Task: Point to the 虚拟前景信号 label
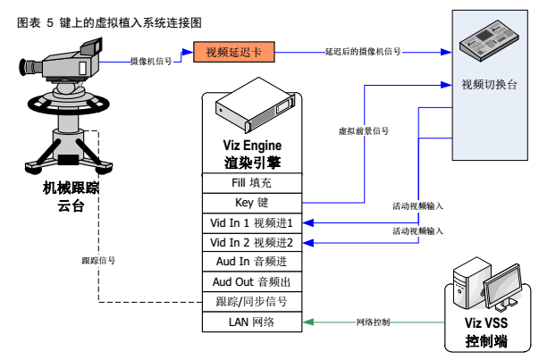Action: [x=363, y=130]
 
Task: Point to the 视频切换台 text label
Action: [x=488, y=84]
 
